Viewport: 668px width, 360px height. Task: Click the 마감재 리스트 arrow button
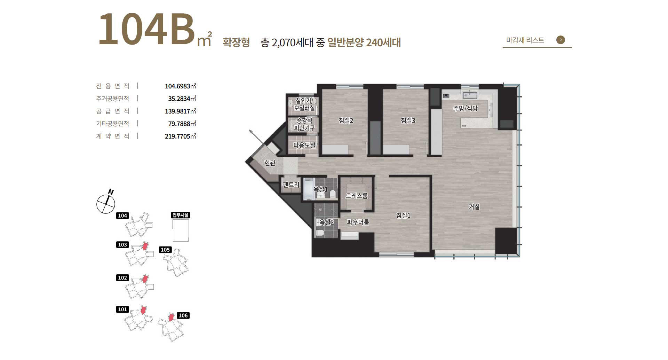tap(560, 40)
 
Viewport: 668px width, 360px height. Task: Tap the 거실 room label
tap(474, 207)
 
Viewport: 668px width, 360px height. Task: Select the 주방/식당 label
tap(466, 108)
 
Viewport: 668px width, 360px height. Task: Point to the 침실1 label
tap(403, 216)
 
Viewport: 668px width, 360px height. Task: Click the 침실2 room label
tap(346, 120)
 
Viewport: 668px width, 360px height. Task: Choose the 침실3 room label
tap(408, 120)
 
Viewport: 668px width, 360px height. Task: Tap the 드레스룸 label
tap(357, 196)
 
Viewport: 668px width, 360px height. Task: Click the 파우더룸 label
tap(358, 222)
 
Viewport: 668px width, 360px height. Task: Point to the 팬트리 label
tap(291, 185)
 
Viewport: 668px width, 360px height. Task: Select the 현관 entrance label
tap(270, 163)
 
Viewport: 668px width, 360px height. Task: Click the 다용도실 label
tap(304, 145)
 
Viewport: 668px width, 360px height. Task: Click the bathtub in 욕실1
tap(308, 189)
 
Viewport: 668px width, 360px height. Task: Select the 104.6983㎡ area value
tap(181, 86)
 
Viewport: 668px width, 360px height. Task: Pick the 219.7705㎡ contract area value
tap(181, 136)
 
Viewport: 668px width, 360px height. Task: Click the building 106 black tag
tap(183, 315)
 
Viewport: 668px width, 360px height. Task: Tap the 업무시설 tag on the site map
tap(181, 215)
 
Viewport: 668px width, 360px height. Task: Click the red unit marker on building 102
tap(145, 279)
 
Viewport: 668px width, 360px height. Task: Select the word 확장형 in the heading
tap(236, 42)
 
